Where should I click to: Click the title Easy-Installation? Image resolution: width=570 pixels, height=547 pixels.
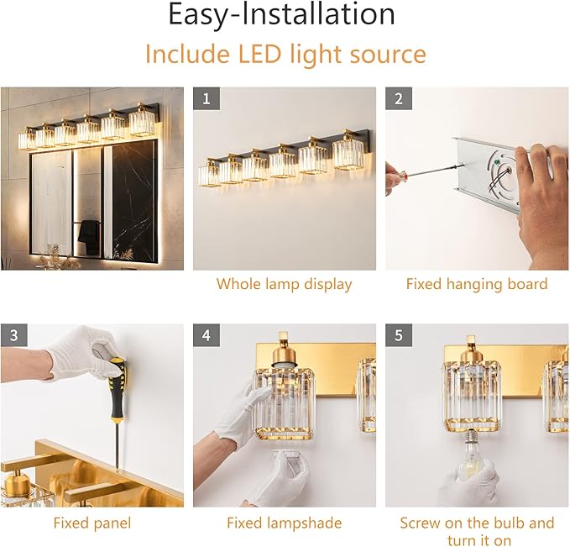click(x=281, y=15)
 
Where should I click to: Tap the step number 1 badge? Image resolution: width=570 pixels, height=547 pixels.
click(x=206, y=98)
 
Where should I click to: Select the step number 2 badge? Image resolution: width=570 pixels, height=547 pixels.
click(x=398, y=98)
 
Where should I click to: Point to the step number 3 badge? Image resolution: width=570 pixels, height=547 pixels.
click(x=13, y=335)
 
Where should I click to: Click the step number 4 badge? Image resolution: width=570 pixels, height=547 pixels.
click(x=206, y=335)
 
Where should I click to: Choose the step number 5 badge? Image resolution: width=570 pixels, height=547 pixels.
click(x=398, y=335)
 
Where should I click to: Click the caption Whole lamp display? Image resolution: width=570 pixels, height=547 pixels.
click(x=284, y=284)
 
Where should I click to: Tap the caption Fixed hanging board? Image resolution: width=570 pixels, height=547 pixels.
click(x=476, y=284)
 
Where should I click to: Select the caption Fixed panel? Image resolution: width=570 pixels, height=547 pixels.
click(x=92, y=523)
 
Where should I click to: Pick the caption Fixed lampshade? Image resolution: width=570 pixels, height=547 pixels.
click(x=284, y=523)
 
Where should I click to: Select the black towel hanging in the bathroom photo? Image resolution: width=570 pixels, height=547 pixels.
click(x=87, y=237)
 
